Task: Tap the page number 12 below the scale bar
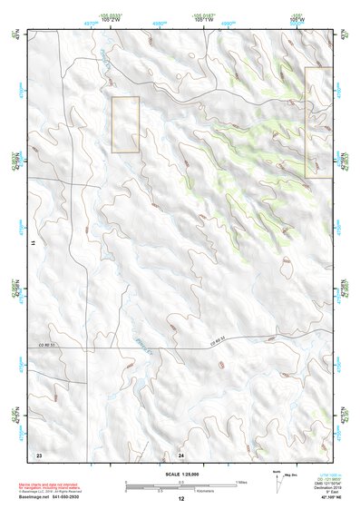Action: [180, 498]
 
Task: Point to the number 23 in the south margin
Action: [38, 453]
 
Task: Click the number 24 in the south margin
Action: [180, 453]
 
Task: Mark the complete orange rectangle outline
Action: [125, 124]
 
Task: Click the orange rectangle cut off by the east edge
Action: [316, 115]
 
